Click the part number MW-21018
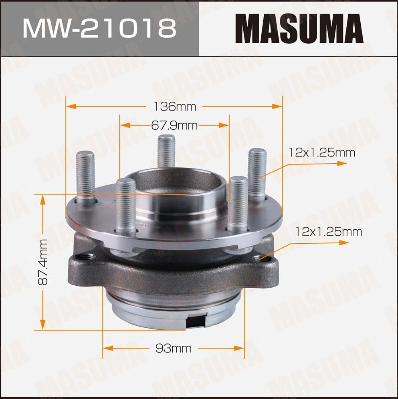click(x=99, y=28)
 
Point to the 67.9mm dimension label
click(x=174, y=126)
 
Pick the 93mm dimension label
click(x=173, y=348)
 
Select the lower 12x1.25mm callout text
click(x=328, y=232)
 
